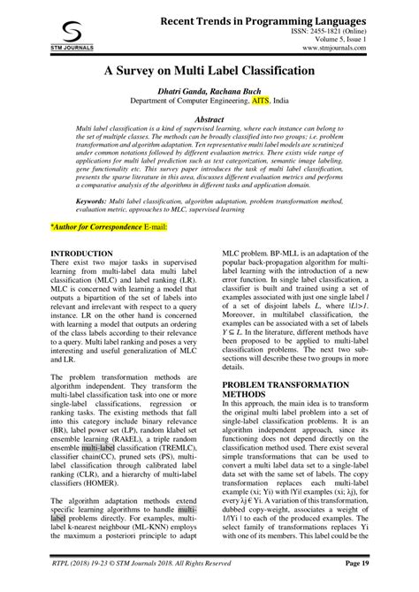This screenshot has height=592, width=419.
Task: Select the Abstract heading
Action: coord(209,143)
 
